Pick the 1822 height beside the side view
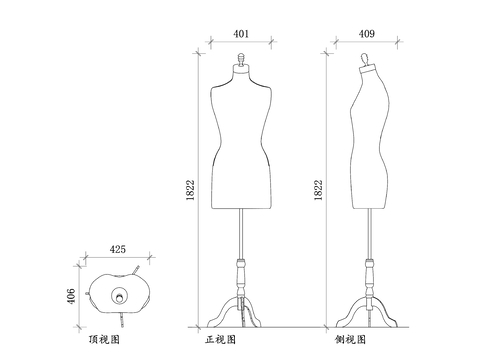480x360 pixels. (x=318, y=190)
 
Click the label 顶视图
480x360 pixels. (x=105, y=340)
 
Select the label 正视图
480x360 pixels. (x=221, y=340)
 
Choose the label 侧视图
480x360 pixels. (x=351, y=340)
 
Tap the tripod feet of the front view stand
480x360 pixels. (x=240, y=314)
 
